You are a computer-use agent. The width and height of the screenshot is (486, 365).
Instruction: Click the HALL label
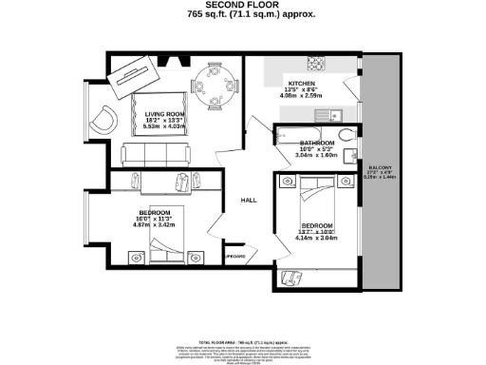point(249,201)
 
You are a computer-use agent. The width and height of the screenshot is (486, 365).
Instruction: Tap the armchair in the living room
point(103,120)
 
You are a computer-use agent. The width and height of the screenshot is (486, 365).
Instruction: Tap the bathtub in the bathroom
point(304,135)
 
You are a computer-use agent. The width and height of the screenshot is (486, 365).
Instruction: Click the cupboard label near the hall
point(235,256)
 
